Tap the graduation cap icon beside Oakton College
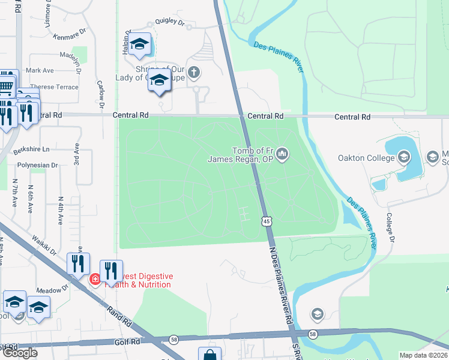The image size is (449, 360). (404, 158)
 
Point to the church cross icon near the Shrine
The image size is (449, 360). (193, 73)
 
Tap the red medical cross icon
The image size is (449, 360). (95, 280)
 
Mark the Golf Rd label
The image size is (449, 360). (127, 341)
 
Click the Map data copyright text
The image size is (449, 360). (423, 355)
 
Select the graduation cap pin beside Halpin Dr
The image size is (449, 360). (140, 44)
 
